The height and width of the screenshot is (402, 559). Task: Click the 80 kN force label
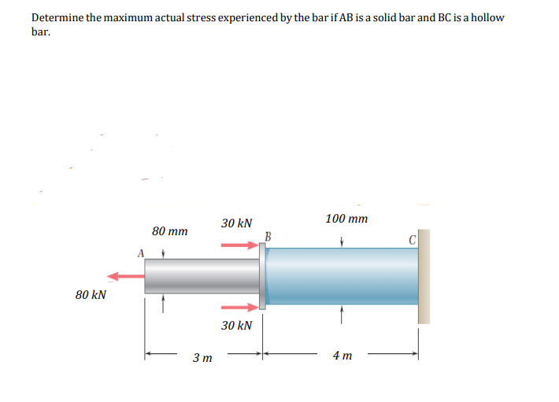click(x=91, y=295)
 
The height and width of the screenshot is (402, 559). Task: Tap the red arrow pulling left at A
click(x=126, y=276)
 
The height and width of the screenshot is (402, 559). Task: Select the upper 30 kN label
click(x=236, y=223)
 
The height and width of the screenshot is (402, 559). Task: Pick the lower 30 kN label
click(x=236, y=325)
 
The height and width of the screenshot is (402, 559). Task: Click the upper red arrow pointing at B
click(x=239, y=245)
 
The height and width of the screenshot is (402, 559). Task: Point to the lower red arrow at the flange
click(x=239, y=308)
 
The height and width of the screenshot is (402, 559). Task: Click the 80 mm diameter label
click(x=170, y=231)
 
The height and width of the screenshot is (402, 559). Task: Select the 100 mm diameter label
click(x=346, y=219)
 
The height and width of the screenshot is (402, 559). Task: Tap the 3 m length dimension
click(x=202, y=357)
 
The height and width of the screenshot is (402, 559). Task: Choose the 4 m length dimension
click(x=342, y=356)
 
